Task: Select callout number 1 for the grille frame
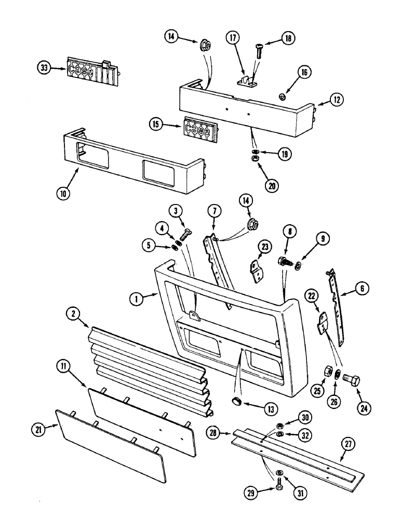click(136, 299)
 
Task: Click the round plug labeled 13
click(236, 402)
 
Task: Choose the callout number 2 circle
click(74, 313)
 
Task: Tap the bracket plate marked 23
click(256, 271)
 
